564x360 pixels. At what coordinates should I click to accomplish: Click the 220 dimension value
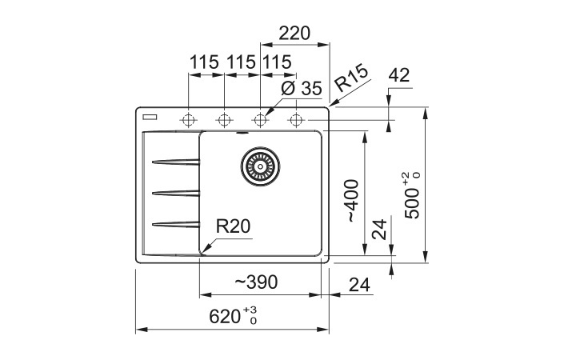coord(294,34)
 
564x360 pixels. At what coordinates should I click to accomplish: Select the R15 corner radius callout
coord(351,78)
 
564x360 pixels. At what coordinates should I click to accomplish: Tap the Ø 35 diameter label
coord(302,88)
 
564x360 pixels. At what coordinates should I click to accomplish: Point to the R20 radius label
coord(233,226)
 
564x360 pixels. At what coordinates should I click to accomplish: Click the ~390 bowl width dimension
coord(257,282)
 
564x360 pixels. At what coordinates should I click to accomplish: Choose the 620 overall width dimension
coord(233,316)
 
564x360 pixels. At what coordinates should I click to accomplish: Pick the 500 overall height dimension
coord(412,196)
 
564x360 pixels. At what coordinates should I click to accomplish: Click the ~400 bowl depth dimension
coord(352,201)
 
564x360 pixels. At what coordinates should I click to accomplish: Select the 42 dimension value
coord(399,75)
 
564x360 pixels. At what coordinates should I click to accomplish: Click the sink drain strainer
coord(260,166)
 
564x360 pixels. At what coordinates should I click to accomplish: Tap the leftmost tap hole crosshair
coord(188,120)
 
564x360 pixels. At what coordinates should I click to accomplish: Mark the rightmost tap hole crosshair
coord(296,120)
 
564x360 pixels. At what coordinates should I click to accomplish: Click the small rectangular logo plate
coord(150,117)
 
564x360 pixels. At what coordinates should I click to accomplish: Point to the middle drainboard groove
coord(175,194)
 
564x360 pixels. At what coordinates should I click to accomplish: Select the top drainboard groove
coord(175,162)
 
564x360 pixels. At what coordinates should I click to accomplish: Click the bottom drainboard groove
coord(175,225)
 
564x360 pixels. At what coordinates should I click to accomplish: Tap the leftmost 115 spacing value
coord(204,62)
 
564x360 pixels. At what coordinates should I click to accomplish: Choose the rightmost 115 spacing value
coord(277,62)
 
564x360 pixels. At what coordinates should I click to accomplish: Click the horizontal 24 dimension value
coord(359,285)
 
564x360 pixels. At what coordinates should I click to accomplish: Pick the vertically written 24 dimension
coord(379,229)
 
